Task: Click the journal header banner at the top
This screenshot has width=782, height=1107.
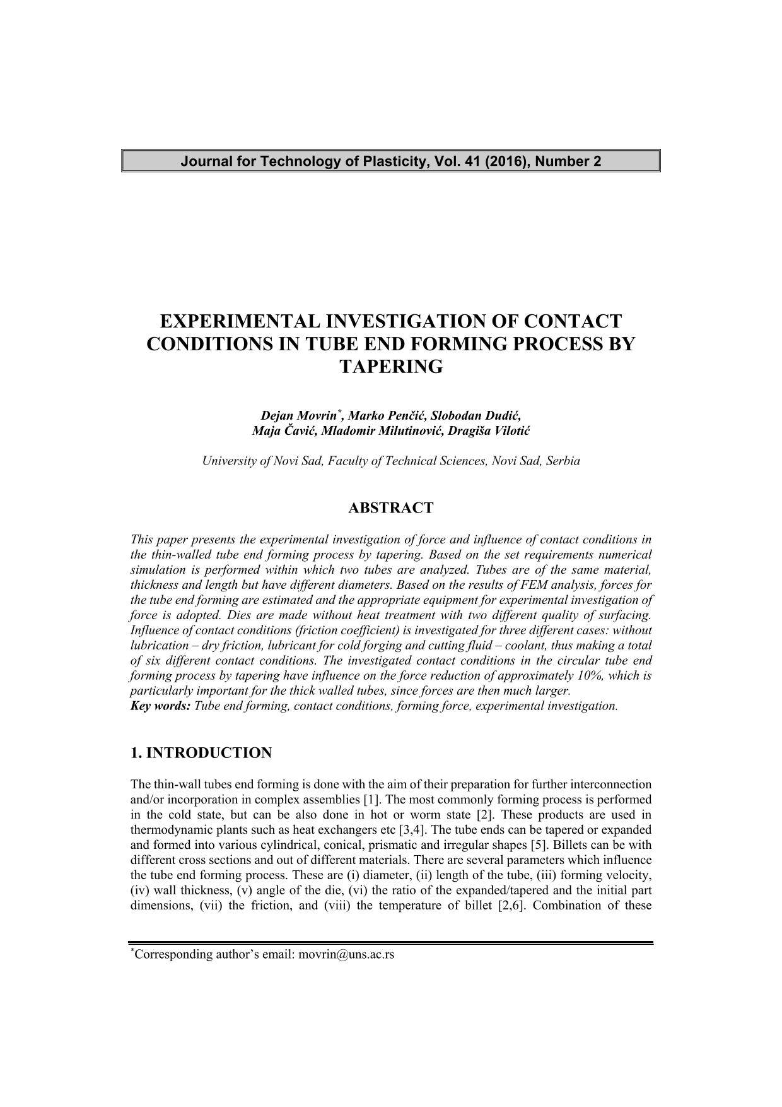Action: [x=390, y=161]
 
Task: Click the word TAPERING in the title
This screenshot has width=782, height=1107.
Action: [x=391, y=367]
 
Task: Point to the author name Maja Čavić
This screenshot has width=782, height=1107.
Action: [x=284, y=431]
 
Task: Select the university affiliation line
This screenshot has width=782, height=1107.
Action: [x=391, y=461]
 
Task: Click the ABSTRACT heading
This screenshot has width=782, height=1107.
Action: [x=391, y=508]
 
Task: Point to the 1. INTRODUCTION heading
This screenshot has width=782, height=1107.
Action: [x=201, y=753]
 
